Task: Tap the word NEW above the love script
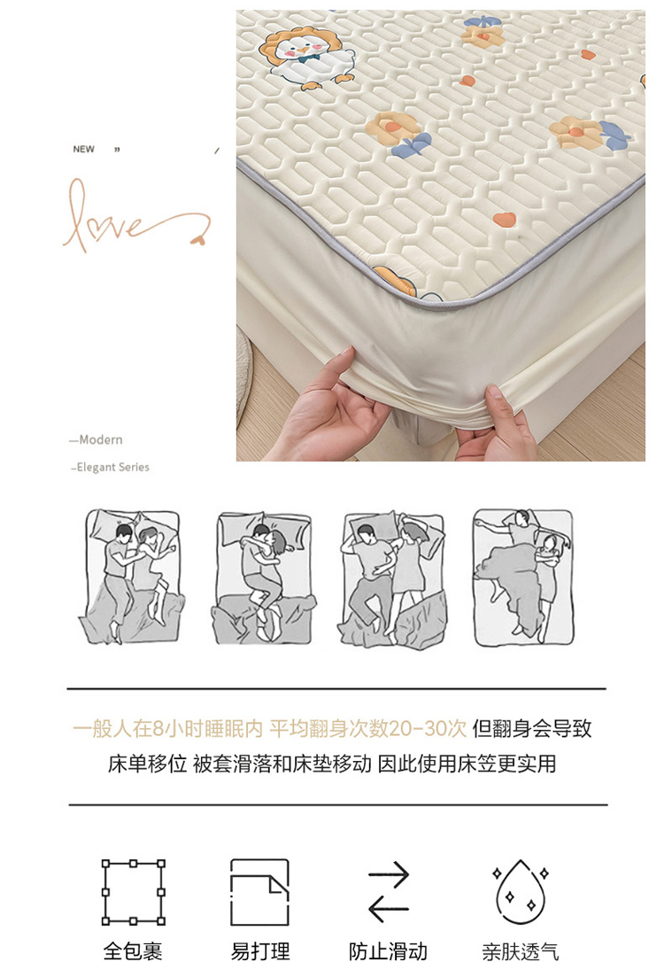coord(83,149)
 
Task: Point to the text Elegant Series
coord(112,468)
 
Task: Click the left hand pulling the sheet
coord(324,408)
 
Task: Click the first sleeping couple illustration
coord(132,576)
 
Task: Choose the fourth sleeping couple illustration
coord(523,577)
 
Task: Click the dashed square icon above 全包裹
coord(133,891)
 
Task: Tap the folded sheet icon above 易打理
coord(259,891)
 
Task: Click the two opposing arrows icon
coord(388,892)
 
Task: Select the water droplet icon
coord(521,891)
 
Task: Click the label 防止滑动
coord(388,951)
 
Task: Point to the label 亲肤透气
coord(521,951)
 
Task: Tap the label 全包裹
coord(133,951)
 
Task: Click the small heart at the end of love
coord(198,240)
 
